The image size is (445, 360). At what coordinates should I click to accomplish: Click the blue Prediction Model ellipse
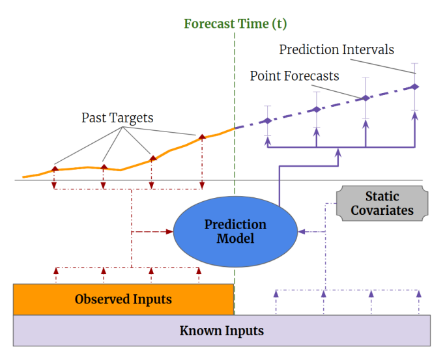[235, 231]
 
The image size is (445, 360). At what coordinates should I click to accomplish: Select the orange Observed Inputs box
[123, 299]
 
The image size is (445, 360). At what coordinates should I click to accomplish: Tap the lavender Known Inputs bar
[222, 331]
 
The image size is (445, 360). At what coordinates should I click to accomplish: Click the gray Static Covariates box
[382, 203]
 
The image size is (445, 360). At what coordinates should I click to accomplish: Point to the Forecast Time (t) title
[235, 24]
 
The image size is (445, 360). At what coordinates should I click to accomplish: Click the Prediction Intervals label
[336, 49]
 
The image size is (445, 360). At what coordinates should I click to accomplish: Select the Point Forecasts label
[294, 76]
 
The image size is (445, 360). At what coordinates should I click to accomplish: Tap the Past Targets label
[117, 118]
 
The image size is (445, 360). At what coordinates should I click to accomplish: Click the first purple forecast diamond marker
[266, 120]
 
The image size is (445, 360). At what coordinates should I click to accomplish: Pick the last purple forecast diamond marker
[415, 86]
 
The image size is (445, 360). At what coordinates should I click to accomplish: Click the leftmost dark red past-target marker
[55, 169]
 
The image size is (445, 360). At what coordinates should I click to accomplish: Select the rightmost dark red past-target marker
[202, 137]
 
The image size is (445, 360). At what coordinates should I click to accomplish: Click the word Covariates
[382, 210]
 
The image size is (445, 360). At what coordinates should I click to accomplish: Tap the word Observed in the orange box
[98, 299]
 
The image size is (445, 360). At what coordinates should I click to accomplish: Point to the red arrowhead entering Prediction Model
[169, 231]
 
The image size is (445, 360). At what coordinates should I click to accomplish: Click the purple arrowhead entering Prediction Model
[301, 231]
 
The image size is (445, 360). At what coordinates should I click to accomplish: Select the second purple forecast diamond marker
[316, 109]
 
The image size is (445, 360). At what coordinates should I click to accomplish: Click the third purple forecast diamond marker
[366, 98]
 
